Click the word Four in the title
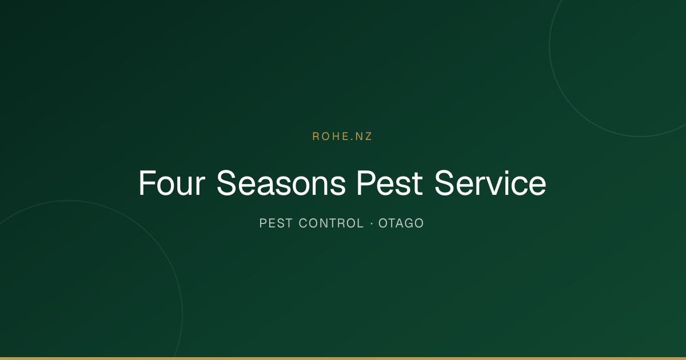[172, 183]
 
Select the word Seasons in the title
[281, 183]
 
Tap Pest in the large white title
[390, 183]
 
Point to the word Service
[490, 183]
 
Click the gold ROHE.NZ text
[342, 137]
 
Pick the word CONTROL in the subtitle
[331, 223]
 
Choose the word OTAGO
[401, 223]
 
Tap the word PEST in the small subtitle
[276, 223]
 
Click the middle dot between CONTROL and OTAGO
[372, 223]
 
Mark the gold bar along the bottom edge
[343, 358]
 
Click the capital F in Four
[147, 183]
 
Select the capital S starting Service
[445, 183]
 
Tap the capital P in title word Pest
[366, 183]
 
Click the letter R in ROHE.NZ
[316, 137]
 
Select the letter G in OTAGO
[408, 223]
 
